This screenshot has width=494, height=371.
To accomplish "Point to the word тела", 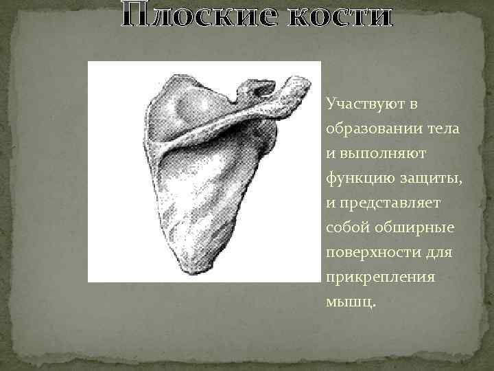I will click(444, 129).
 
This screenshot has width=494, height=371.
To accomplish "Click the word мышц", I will click(350, 302).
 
